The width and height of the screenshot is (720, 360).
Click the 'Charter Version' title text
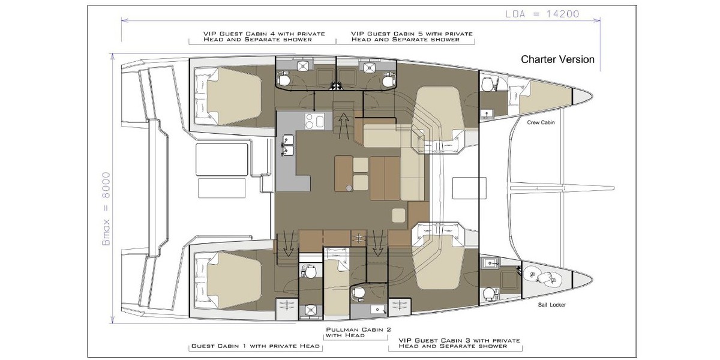[x=557, y=59]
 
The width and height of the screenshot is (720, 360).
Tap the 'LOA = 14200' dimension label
[x=542, y=14]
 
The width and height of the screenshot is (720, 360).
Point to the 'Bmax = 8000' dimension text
[x=106, y=209]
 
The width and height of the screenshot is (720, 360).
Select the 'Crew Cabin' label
[x=541, y=122]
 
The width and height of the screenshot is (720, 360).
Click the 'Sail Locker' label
[x=551, y=305]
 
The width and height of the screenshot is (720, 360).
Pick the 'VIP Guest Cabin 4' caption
[x=264, y=37]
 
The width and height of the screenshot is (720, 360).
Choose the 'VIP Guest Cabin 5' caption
[x=412, y=37]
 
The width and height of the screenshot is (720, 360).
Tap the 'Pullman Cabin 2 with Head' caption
[x=358, y=332]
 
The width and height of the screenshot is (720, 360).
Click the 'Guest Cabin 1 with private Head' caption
[x=256, y=346]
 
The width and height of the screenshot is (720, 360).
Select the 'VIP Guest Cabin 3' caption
[x=459, y=343]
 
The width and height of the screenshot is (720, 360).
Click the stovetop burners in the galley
[x=314, y=121]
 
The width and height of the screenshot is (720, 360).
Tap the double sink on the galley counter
[x=288, y=145]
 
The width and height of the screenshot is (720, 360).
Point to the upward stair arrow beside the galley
[x=344, y=125]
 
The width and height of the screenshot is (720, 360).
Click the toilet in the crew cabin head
[x=488, y=84]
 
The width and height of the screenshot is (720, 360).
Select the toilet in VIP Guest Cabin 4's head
[x=283, y=79]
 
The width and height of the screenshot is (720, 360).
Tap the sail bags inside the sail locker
[x=542, y=277]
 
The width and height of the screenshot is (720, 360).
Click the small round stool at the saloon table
[x=349, y=188]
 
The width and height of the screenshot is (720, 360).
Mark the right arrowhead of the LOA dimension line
[x=599, y=20]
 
